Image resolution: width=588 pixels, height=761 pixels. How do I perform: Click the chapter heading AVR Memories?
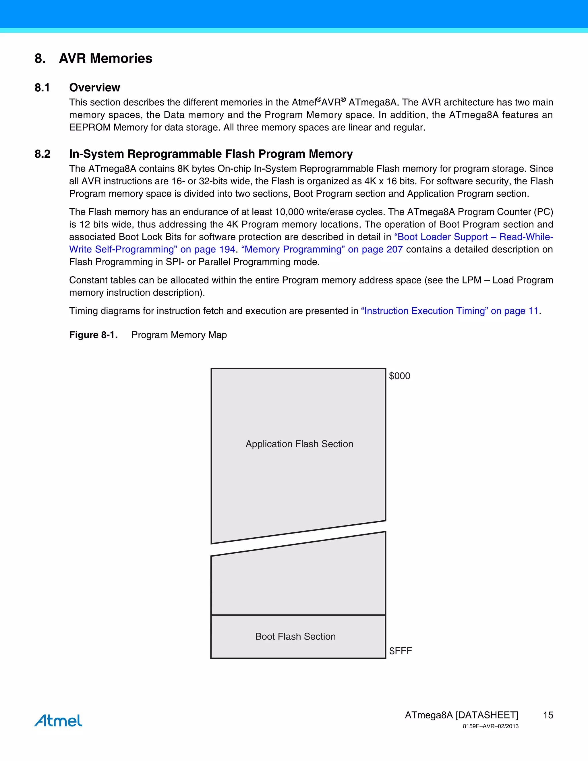pos(106,58)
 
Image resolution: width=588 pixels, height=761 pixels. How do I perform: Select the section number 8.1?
pos(42,88)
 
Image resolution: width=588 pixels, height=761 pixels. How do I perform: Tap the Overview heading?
pos(94,88)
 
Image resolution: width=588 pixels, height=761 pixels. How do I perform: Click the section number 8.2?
pos(42,154)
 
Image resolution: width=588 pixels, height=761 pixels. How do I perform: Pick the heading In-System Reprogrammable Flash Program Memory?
pos(211,154)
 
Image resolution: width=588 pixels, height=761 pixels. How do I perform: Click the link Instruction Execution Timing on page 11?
pos(450,311)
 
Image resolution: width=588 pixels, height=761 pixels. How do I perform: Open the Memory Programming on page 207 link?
pos(322,250)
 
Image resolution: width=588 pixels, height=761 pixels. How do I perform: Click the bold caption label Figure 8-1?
pos(93,335)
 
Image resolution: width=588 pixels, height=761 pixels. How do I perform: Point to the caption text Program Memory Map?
pos(179,335)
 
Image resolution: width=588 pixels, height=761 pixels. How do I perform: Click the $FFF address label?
pos(400,651)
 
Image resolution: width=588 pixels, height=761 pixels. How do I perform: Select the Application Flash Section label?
pos(299,444)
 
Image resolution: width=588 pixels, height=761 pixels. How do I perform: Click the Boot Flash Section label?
pos(295,636)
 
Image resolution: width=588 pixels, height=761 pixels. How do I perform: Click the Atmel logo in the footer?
pos(58,720)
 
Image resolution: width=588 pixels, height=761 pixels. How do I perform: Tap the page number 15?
pos(548,715)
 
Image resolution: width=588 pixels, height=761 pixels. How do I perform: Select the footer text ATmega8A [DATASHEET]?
pos(462,715)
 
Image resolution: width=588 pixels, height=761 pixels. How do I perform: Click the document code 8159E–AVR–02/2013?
pos(490,727)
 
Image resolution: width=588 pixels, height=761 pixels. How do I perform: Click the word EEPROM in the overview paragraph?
pos(90,128)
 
